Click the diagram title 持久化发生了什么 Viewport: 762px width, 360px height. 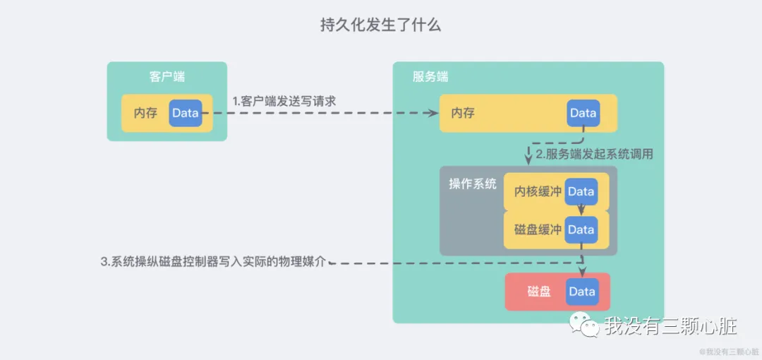pos(380,25)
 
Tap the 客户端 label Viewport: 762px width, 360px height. pos(167,76)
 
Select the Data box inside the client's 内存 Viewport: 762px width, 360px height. pos(186,113)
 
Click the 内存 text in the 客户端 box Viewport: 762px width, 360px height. pos(145,113)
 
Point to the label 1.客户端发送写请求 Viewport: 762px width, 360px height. pos(284,101)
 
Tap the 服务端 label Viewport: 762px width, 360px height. pos(430,76)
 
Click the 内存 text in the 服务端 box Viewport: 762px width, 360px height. pos(463,113)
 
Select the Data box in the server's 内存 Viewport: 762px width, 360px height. pos(583,113)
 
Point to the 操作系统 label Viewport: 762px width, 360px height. pos(473,184)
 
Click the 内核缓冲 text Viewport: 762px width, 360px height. pos(538,192)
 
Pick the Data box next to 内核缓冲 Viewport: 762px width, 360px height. pos(581,192)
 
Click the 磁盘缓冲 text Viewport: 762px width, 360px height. pos(538,229)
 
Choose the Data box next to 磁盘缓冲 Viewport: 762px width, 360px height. pos(581,229)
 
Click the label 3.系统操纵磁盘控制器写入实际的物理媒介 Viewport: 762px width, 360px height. pos(214,262)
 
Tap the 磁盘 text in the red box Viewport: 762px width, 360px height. pos(539,292)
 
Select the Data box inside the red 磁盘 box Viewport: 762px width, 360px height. pos(582,292)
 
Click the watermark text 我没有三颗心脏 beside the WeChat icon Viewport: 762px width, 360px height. pos(670,326)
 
